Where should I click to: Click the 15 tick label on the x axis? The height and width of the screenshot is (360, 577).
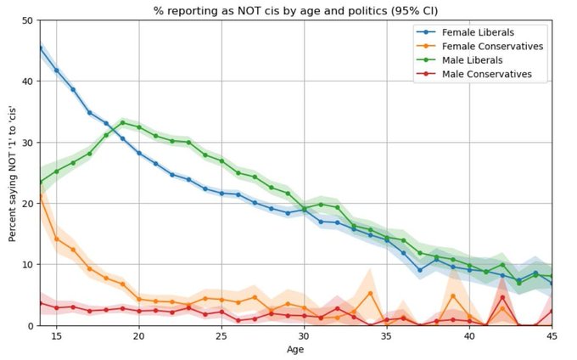tap(56, 337)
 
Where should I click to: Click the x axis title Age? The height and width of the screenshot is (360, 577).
tap(296, 350)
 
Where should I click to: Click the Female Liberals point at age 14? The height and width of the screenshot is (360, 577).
tap(40, 47)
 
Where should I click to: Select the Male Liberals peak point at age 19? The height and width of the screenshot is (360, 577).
tap(122, 122)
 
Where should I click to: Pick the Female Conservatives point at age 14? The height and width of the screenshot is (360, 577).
tap(40, 194)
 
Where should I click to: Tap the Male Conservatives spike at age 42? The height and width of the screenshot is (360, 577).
tap(502, 297)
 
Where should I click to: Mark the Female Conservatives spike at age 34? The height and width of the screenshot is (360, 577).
tap(370, 293)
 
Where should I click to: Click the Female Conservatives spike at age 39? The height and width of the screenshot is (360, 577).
tap(453, 295)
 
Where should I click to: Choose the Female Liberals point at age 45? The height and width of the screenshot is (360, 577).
tap(552, 283)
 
